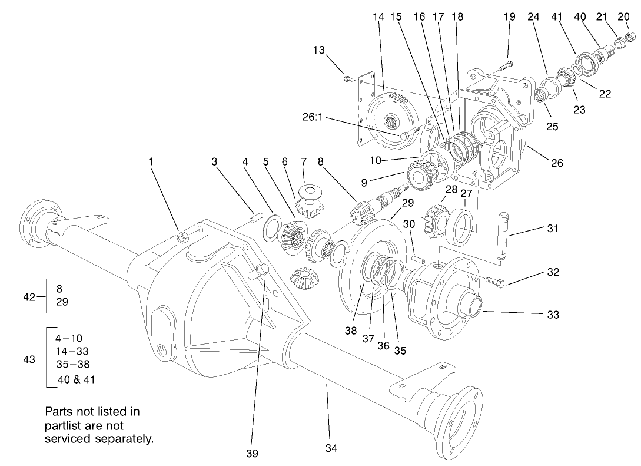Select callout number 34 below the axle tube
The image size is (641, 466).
click(x=331, y=448)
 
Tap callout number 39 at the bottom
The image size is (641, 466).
click(x=252, y=454)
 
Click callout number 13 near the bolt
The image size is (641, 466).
click(x=318, y=51)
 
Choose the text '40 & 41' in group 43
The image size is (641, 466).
click(x=75, y=379)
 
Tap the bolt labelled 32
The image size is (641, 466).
click(x=494, y=282)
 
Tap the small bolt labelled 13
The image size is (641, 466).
click(x=348, y=78)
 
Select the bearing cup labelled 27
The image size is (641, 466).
click(x=461, y=226)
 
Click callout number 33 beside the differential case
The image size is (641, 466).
click(x=552, y=315)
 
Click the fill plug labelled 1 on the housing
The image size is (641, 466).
click(x=182, y=237)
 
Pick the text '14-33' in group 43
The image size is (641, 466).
click(x=69, y=352)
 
